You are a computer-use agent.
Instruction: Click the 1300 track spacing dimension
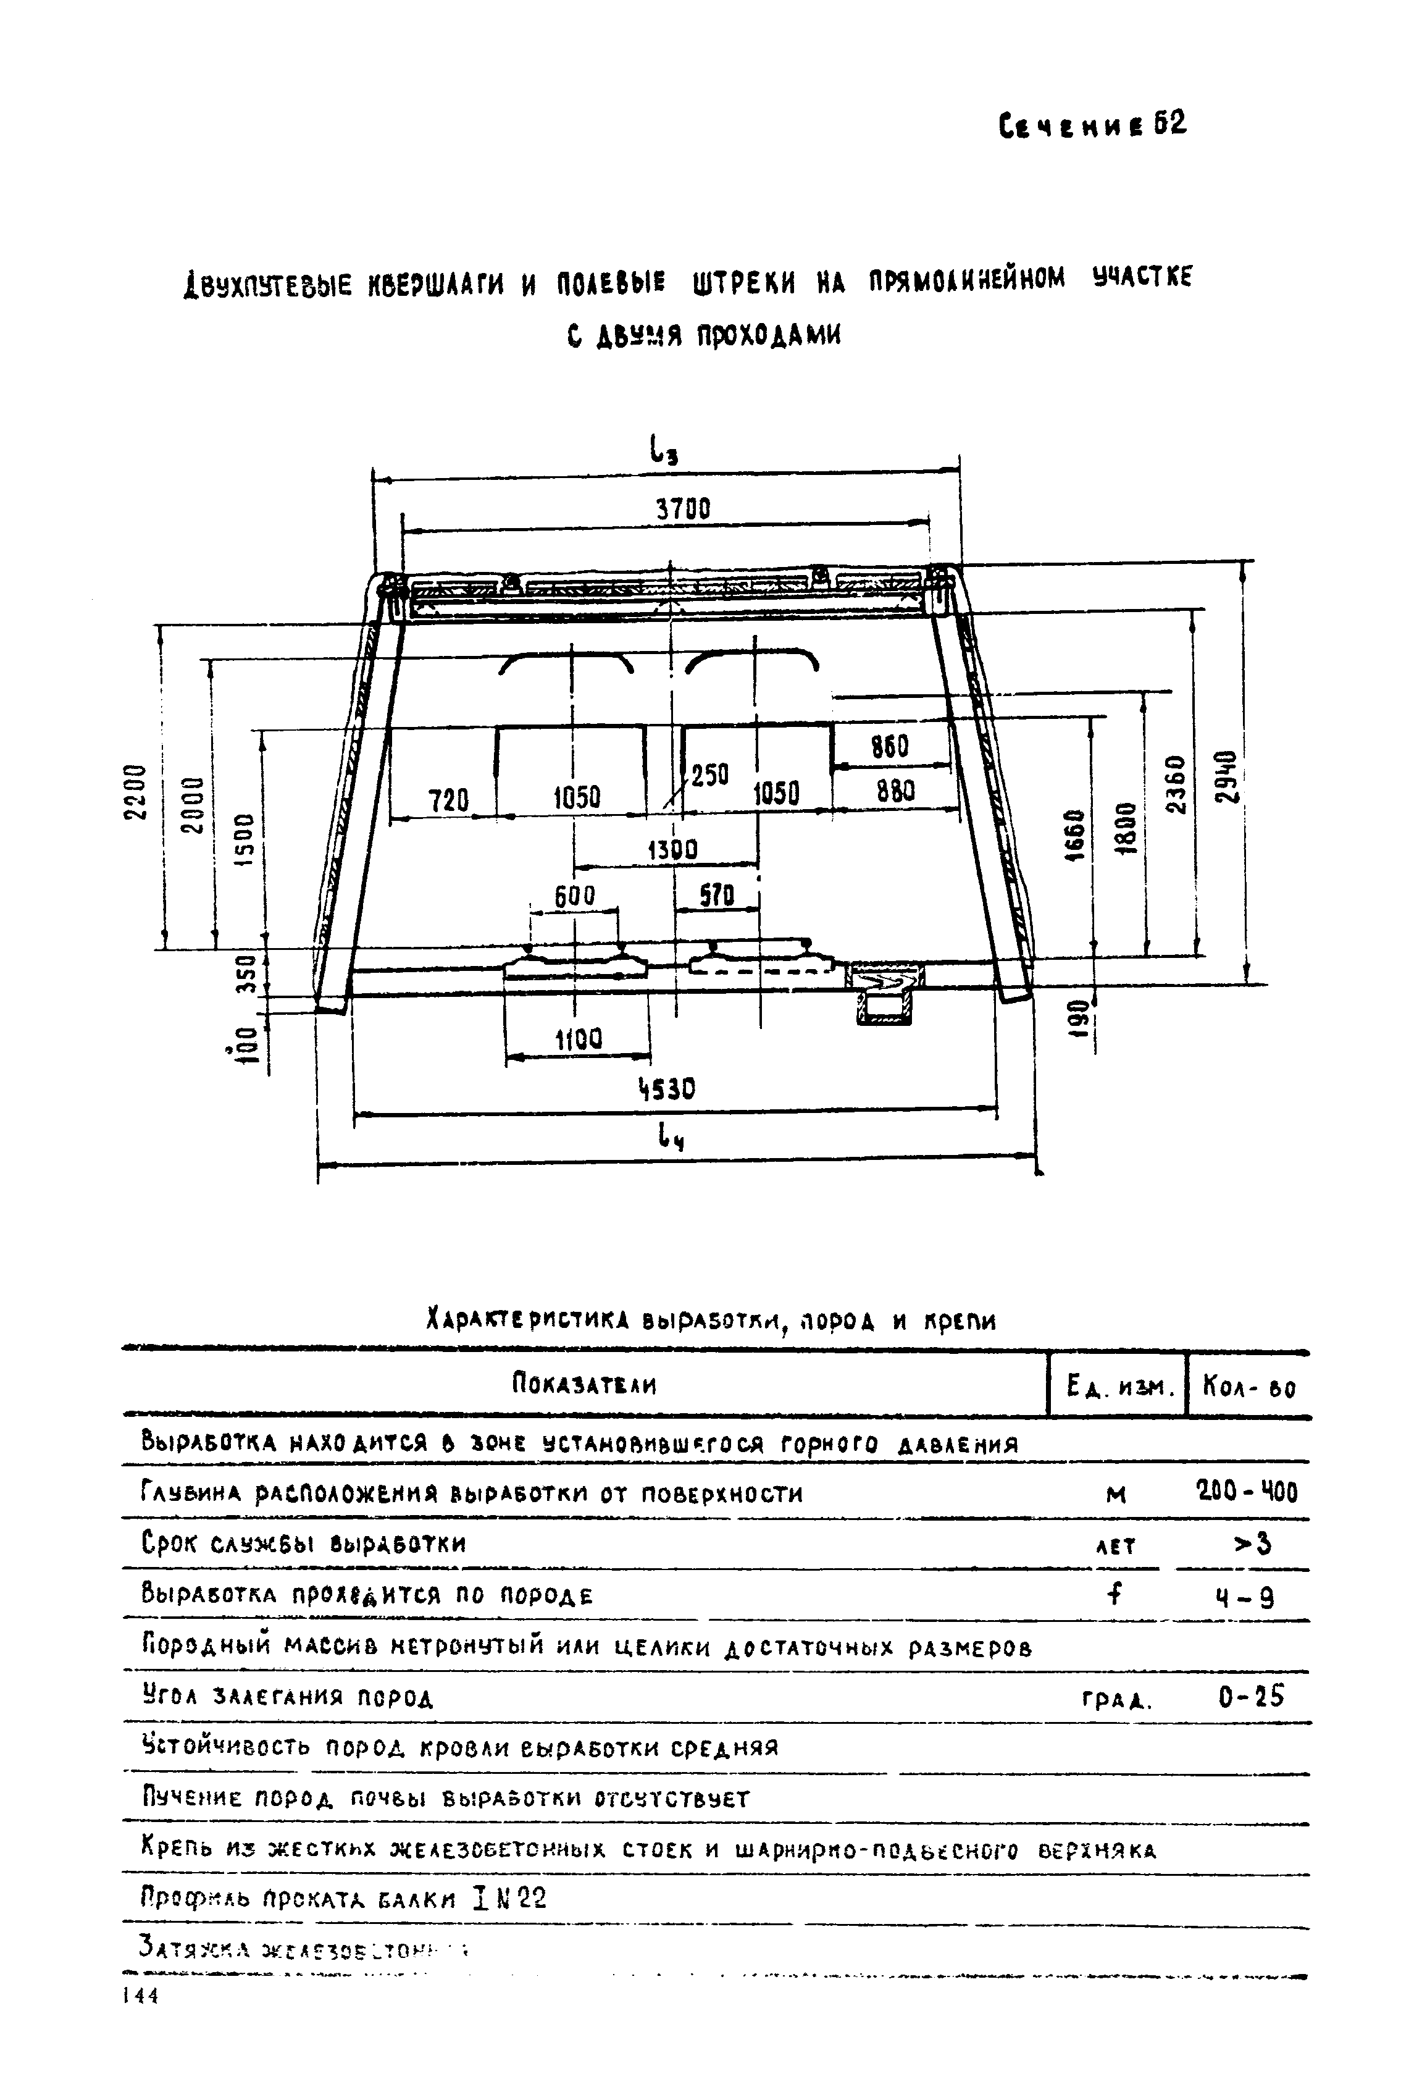pyautogui.click(x=672, y=849)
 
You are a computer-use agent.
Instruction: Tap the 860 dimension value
pyautogui.click(x=889, y=747)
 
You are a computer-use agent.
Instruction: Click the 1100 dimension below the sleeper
pyautogui.click(x=579, y=1039)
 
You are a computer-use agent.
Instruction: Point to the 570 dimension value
pyautogui.click(x=716, y=896)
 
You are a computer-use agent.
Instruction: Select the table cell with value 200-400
pyautogui.click(x=1246, y=1492)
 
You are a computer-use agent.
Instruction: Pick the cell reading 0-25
pyautogui.click(x=1250, y=1697)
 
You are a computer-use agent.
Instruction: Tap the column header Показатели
pyautogui.click(x=584, y=1386)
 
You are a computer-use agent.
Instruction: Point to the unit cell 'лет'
pyautogui.click(x=1115, y=1546)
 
